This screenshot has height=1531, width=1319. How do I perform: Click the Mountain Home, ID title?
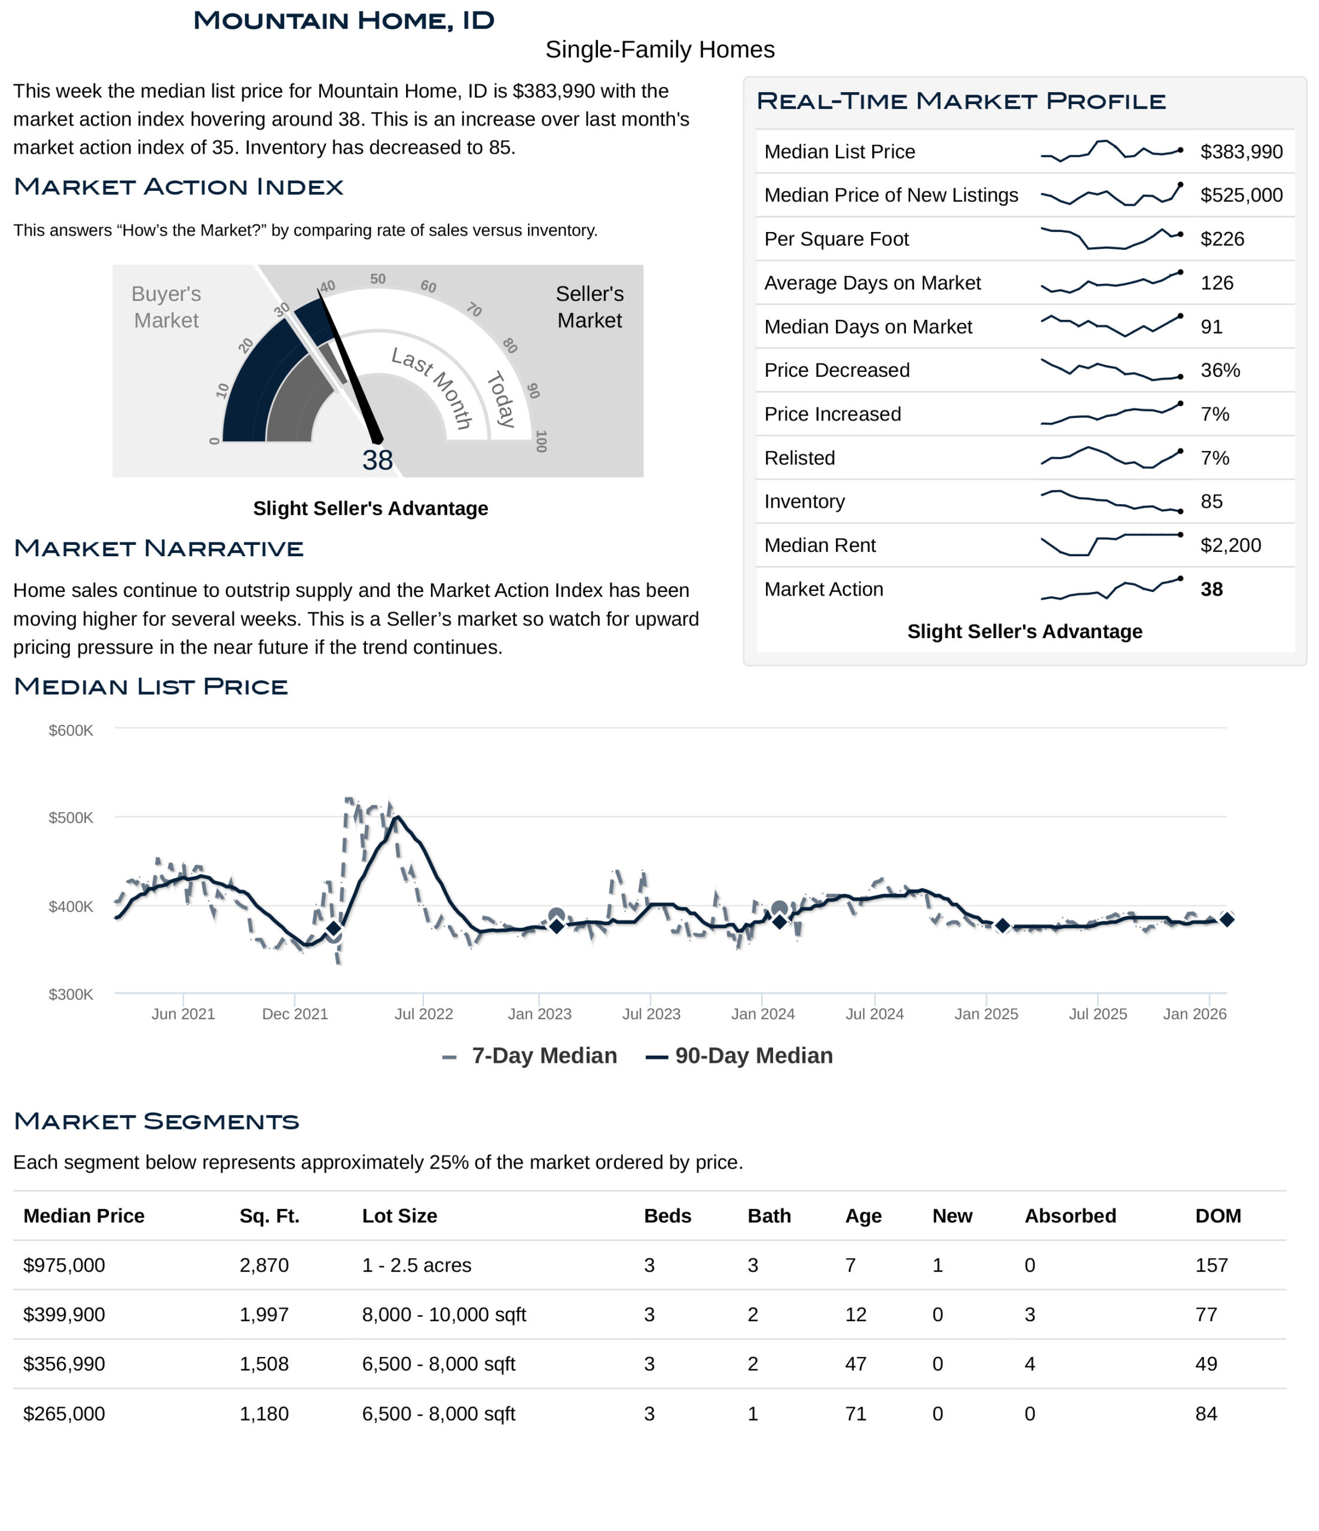click(344, 21)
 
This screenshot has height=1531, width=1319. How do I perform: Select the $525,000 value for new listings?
click(1241, 195)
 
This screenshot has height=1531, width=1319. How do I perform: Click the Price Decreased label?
click(836, 370)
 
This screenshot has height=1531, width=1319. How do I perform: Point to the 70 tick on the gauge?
click(474, 310)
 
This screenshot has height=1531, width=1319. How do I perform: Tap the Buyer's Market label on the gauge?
click(166, 307)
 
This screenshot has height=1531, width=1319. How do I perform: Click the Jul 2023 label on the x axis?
click(651, 1014)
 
